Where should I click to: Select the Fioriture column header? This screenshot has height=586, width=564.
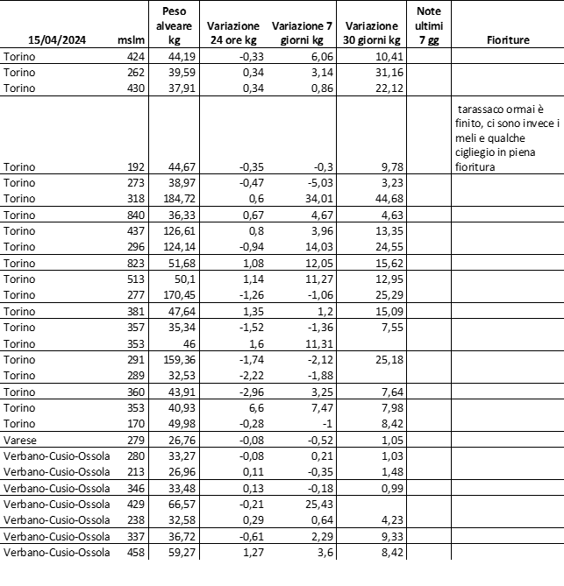[507, 39]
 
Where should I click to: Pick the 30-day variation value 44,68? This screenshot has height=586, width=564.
[387, 199]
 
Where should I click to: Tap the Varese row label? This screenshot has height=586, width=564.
[20, 439]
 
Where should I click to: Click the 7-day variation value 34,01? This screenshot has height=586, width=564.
[319, 199]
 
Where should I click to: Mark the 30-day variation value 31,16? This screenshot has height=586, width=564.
[387, 73]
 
